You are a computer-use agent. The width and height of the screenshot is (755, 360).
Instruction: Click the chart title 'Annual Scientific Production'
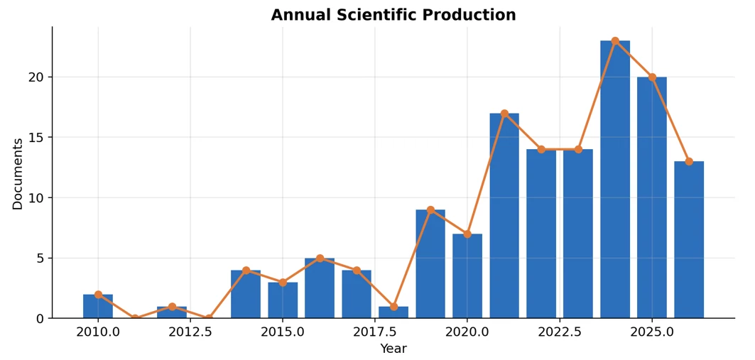(x=393, y=15)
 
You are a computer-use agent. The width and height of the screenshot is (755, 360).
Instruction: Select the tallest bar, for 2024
(x=615, y=180)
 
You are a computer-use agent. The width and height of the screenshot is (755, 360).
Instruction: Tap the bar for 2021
(x=504, y=216)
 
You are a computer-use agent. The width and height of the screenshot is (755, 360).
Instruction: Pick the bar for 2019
(x=430, y=263)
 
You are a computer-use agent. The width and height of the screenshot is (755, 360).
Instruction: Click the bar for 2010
(x=98, y=306)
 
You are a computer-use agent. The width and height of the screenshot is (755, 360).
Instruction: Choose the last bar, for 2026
(x=688, y=240)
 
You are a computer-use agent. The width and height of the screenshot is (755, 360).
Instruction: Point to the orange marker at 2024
(x=615, y=41)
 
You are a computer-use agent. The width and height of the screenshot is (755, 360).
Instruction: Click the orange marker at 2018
(x=393, y=307)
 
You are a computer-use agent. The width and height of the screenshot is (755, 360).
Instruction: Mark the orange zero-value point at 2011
(x=135, y=318)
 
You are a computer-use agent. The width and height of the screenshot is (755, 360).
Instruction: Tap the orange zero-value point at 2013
(x=209, y=318)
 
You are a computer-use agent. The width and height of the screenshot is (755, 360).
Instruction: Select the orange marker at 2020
(x=467, y=234)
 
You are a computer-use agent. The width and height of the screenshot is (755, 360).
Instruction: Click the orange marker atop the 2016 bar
(x=320, y=258)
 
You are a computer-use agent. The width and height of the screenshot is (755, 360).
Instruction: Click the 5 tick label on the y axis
(x=40, y=258)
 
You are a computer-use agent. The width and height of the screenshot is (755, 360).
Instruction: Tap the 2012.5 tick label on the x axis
(x=190, y=332)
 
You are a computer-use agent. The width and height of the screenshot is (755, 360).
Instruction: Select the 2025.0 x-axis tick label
(x=652, y=332)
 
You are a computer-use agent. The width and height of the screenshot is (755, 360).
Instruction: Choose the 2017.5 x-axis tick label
(x=375, y=332)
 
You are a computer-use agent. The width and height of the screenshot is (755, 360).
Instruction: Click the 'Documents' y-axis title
(x=18, y=174)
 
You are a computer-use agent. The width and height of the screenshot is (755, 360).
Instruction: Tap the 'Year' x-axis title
(x=393, y=349)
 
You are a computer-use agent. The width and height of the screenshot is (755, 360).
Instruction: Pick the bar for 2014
(x=246, y=294)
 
